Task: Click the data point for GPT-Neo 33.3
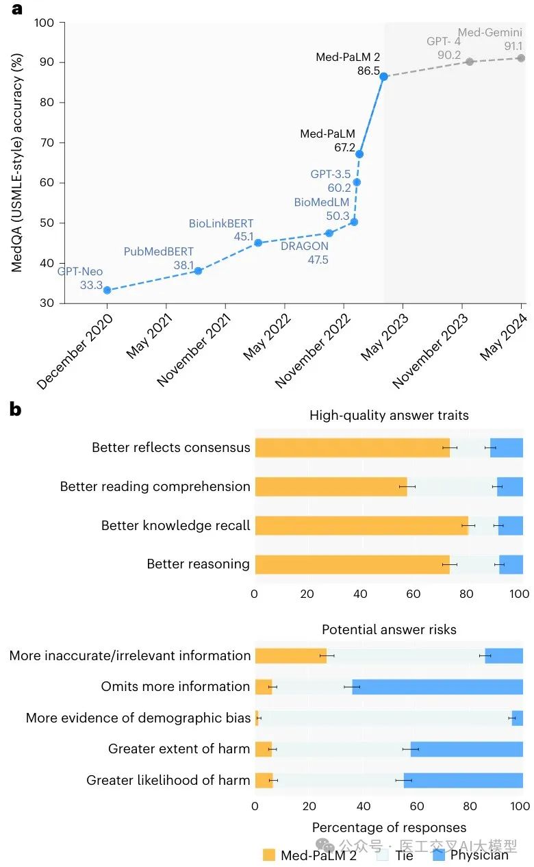tap(107, 290)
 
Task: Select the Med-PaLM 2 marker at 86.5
tap(384, 77)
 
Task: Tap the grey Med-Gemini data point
tap(521, 58)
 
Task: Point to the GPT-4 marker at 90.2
tap(470, 62)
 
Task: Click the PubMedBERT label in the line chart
tap(158, 252)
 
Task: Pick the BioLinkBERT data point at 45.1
tap(258, 242)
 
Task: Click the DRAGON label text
tap(304, 247)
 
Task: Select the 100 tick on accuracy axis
tap(44, 23)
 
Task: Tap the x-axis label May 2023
tap(385, 338)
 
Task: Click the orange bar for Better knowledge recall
tap(361, 525)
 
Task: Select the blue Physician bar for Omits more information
tap(437, 687)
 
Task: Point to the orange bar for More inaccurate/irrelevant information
tap(290, 656)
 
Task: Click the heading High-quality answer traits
tap(389, 416)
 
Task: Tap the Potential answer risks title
tap(389, 629)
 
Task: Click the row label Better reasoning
tap(198, 564)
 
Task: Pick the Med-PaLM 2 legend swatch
tap(269, 855)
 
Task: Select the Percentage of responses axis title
tap(389, 827)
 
